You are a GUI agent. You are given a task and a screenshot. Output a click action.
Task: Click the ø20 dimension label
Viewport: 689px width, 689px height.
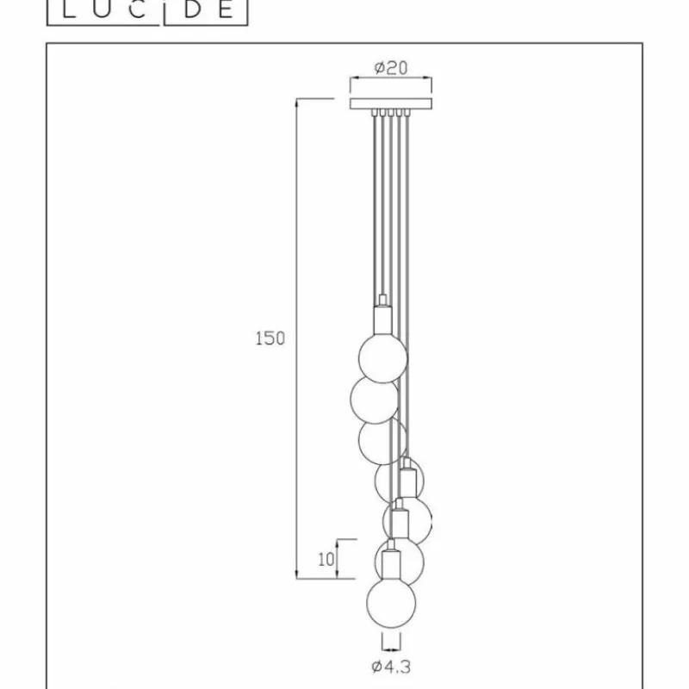point(391,68)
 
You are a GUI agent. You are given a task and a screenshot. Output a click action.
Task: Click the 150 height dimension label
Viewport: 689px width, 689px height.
point(270,338)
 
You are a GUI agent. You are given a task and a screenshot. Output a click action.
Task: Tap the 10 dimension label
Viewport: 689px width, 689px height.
point(326,559)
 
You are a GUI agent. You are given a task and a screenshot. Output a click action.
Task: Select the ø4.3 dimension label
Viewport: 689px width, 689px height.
point(391,667)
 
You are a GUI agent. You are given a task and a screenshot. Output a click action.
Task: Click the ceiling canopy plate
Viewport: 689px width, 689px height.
point(391,103)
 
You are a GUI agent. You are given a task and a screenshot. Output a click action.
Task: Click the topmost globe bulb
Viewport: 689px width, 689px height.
point(382,358)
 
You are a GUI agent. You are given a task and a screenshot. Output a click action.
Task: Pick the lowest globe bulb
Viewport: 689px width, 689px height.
point(391,603)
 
